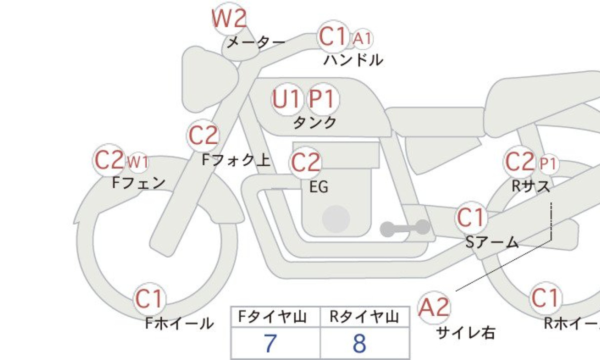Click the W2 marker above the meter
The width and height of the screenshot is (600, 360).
point(229,19)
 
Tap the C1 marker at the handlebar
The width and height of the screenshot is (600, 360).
point(333,37)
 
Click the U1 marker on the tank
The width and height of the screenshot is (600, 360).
point(287,99)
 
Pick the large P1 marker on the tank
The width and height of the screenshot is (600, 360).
point(321,99)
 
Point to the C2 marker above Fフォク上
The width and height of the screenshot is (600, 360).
point(203,135)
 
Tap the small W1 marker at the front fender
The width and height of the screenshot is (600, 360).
point(137,162)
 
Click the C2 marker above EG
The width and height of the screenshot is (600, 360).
point(305,163)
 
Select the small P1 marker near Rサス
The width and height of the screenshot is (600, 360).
point(547,163)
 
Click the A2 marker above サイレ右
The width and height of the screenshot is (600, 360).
point(434,306)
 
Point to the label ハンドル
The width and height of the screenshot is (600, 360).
point(353,60)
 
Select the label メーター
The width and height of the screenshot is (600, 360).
point(255,42)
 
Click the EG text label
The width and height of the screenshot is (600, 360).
point(319,187)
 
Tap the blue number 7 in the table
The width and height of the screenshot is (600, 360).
point(270,343)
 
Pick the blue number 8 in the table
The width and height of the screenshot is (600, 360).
point(359,343)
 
